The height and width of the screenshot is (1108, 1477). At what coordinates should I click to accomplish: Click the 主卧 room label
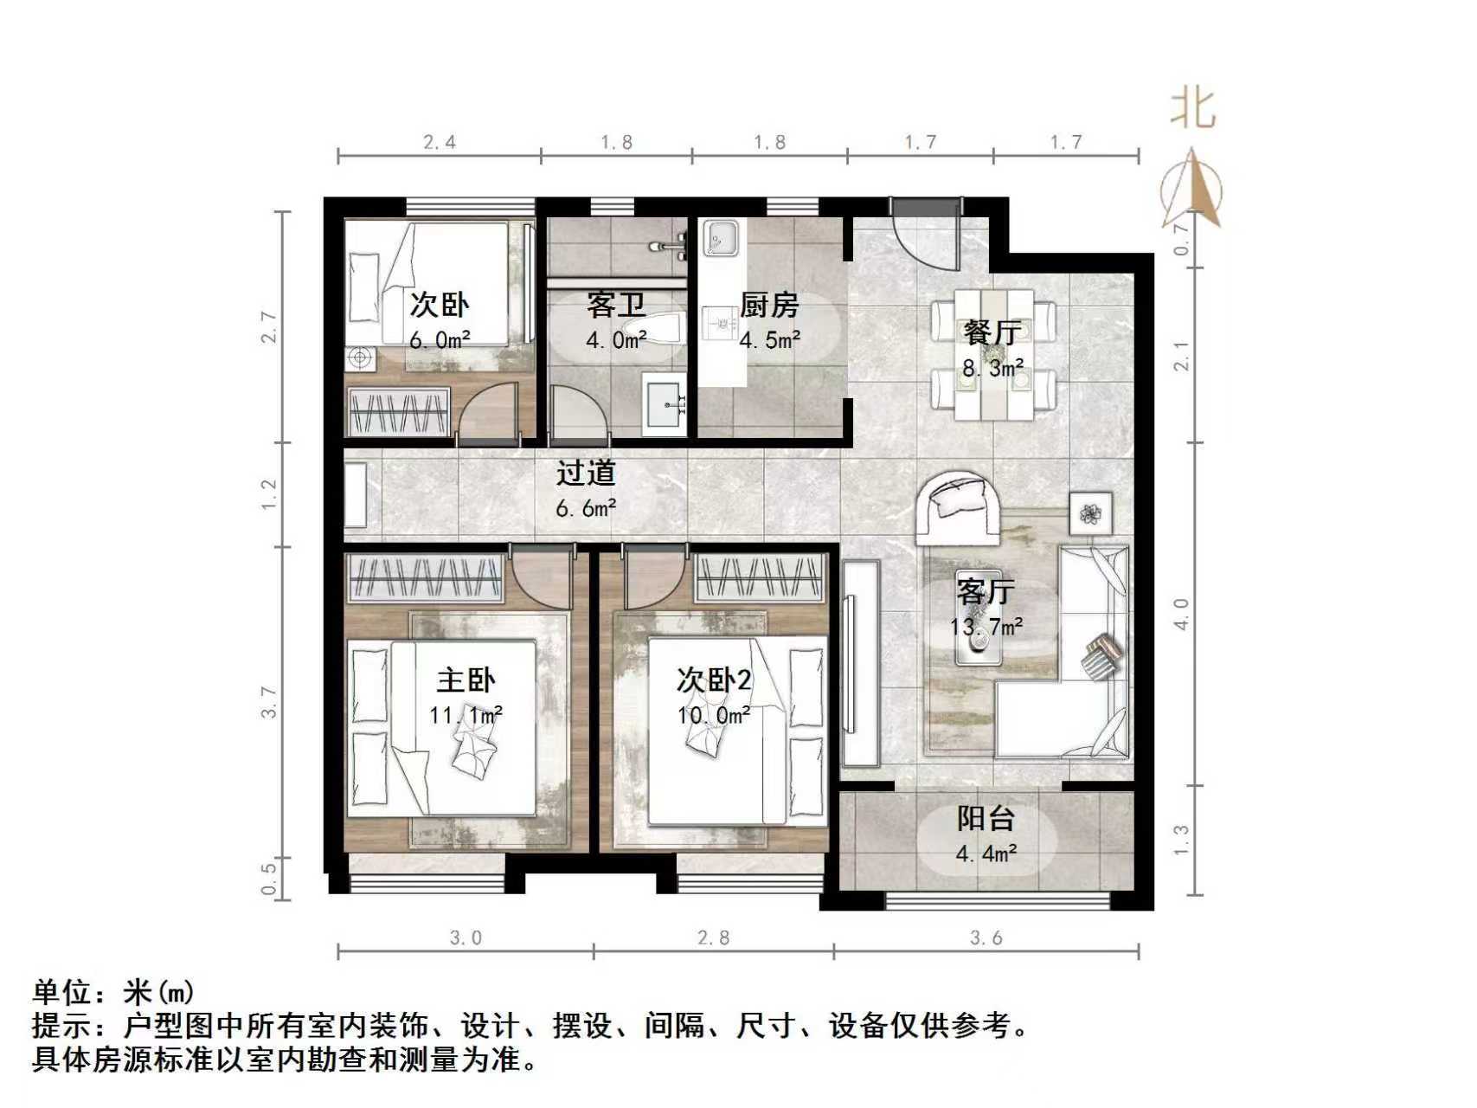click(466, 680)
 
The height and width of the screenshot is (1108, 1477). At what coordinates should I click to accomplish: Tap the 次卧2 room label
click(714, 680)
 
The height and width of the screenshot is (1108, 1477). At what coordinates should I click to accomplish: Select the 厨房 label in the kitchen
click(768, 306)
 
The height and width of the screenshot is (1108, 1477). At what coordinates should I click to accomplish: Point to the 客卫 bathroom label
click(615, 306)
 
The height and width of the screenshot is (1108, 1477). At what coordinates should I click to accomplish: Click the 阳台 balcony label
click(986, 819)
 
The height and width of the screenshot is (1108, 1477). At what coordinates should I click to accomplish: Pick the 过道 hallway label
click(586, 473)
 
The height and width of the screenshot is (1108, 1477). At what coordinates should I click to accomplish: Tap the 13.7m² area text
click(986, 626)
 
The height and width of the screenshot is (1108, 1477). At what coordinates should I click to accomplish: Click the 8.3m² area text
click(992, 369)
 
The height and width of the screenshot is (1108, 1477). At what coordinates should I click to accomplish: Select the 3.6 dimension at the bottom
click(986, 938)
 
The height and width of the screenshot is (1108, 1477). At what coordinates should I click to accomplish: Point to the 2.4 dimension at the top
click(440, 143)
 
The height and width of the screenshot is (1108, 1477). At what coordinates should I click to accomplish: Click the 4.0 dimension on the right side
click(1181, 614)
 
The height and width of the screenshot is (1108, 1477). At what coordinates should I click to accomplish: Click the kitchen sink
click(719, 238)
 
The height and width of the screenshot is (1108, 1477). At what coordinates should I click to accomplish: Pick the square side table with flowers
click(1090, 513)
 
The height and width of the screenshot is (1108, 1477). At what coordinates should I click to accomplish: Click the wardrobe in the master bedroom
click(425, 578)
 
